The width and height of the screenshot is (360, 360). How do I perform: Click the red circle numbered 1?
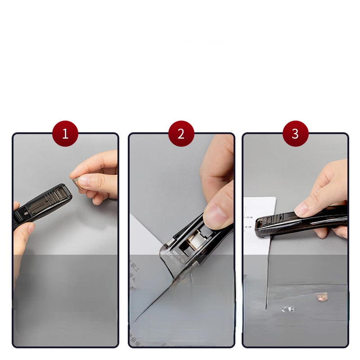tap(65, 134)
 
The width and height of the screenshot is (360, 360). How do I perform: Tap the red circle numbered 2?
tap(181, 134)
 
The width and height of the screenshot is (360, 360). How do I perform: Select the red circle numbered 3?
tap(295, 134)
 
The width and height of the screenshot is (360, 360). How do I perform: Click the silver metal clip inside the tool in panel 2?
tap(196, 243)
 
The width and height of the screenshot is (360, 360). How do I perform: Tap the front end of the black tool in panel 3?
tap(261, 227)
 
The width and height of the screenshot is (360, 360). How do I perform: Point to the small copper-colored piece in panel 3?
tap(321, 297)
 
